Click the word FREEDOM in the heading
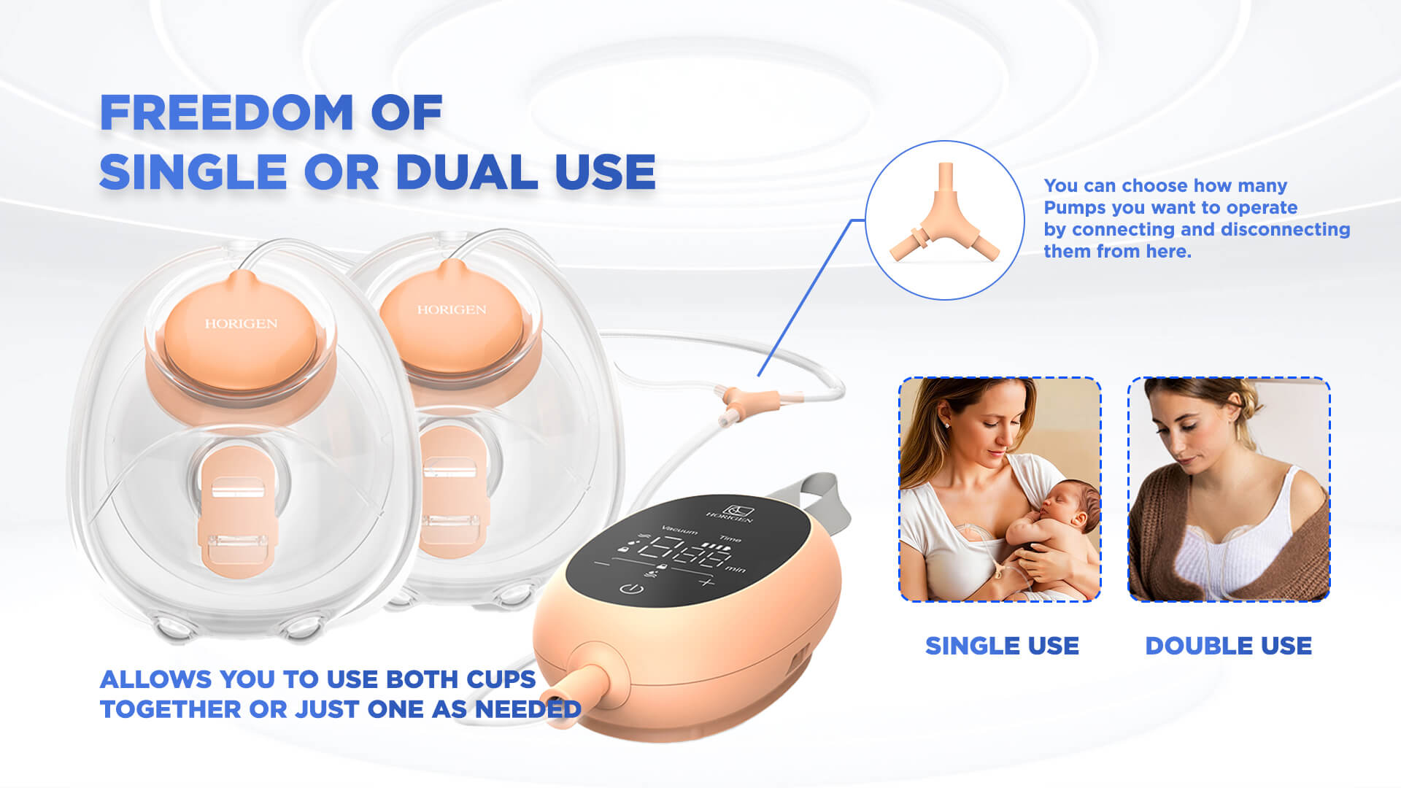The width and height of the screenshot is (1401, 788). (x=226, y=113)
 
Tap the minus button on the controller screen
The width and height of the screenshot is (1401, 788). (x=602, y=564)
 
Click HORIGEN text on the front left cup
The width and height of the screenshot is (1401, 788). (x=241, y=323)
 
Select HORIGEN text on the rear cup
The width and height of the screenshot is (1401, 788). (x=452, y=309)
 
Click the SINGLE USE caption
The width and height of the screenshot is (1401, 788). (x=1002, y=646)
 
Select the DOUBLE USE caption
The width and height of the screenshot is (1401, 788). (x=1228, y=646)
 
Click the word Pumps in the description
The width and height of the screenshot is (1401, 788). (x=1074, y=208)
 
